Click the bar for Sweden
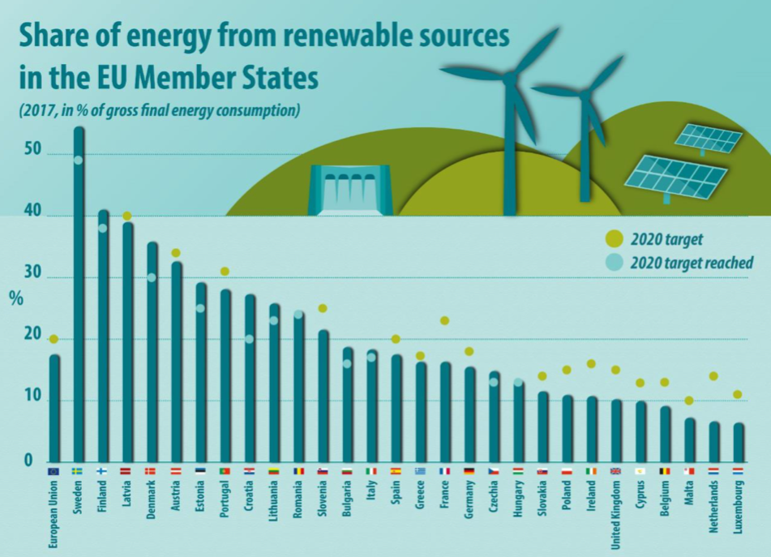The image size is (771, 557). [x=79, y=292]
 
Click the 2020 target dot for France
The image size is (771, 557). [x=444, y=321]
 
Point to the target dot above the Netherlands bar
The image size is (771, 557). [x=713, y=376]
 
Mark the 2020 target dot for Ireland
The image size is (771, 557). [x=591, y=364]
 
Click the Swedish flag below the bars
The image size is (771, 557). [x=79, y=470]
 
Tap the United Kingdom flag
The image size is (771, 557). [x=615, y=470]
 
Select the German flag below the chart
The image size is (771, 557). [x=469, y=470]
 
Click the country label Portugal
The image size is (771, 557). [x=225, y=503]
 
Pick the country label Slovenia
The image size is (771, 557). [x=323, y=503]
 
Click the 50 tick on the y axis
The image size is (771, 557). [x=33, y=154]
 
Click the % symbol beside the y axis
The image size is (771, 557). [x=16, y=298]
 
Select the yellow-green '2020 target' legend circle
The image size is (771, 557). [x=615, y=239]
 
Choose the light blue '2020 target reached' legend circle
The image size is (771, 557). [x=615, y=262]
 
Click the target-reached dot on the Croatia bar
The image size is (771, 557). [x=250, y=339]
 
